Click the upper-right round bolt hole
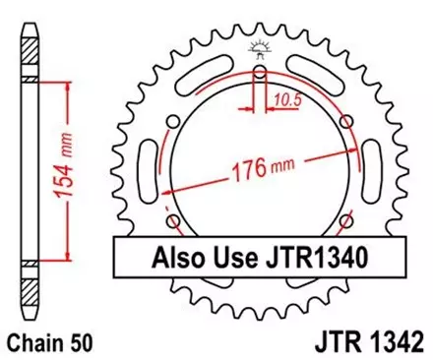[345, 120]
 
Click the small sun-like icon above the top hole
[260, 46]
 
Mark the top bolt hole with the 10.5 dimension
[260, 72]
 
